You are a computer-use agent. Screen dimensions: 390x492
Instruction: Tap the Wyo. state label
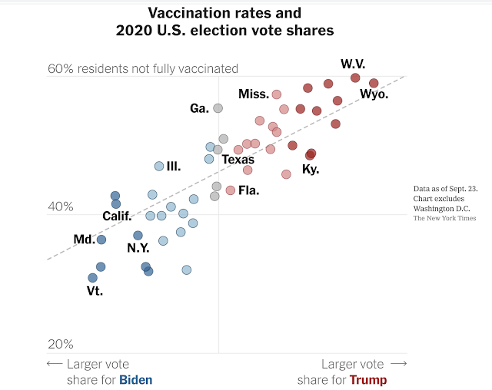tap(374, 95)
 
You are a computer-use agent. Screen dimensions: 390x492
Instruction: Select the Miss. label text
tap(254, 94)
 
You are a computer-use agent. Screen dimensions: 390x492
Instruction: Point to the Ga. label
tap(200, 109)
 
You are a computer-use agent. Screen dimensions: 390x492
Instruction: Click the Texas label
tap(238, 160)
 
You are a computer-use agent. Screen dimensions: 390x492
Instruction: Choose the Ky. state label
tap(311, 169)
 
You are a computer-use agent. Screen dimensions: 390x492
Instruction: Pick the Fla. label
tap(248, 190)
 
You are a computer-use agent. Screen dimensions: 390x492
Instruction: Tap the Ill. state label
tap(174, 166)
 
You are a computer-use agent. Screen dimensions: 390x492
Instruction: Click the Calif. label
tap(118, 216)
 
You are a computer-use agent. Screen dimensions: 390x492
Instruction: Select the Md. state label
tap(84, 240)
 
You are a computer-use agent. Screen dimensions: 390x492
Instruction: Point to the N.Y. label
tap(138, 248)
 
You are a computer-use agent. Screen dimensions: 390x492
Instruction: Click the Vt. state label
tap(95, 291)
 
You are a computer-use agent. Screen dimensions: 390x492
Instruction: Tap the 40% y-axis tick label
tap(61, 207)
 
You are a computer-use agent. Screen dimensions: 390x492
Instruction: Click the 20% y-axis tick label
tap(61, 345)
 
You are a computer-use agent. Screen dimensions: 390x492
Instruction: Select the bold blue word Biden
tap(136, 380)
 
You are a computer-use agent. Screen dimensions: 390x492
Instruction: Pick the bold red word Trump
tap(368, 380)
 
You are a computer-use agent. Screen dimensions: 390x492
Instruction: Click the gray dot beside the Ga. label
tap(218, 108)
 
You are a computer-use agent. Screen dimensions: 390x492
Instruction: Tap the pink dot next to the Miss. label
tap(277, 94)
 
